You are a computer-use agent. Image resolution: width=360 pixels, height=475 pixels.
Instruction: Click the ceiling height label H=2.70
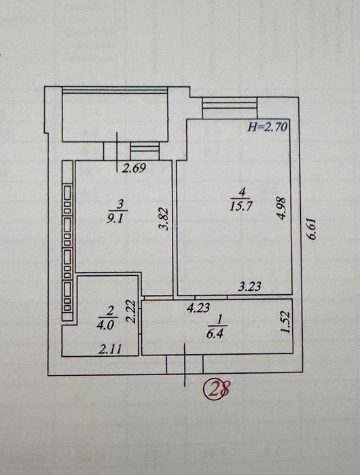point(268,127)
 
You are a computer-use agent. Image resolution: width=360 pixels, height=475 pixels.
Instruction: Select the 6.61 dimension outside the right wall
point(312,228)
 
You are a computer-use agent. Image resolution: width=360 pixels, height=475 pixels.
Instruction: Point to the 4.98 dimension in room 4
point(281,209)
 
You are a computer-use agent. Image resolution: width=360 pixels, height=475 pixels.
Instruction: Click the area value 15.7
point(241,206)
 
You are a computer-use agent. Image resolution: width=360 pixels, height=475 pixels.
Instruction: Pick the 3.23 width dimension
point(249,286)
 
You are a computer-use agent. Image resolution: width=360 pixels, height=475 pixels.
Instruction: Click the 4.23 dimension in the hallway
point(198,308)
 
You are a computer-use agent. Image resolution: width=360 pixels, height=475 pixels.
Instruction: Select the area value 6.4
point(215,334)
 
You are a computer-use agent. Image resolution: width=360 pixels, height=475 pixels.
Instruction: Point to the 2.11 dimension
point(110,349)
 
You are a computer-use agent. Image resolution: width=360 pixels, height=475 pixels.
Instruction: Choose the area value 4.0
point(105,326)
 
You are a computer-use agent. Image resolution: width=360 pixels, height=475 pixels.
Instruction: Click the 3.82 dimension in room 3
point(164,219)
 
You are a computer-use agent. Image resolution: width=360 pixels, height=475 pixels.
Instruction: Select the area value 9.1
point(115,218)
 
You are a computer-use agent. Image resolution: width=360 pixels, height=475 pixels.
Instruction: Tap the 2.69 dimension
point(134,168)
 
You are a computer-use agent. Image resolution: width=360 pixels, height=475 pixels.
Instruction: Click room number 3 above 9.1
point(120,205)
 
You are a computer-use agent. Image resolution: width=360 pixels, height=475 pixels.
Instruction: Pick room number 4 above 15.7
point(241,192)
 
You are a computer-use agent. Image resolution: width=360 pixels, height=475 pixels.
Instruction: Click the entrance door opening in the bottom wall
point(185,364)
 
